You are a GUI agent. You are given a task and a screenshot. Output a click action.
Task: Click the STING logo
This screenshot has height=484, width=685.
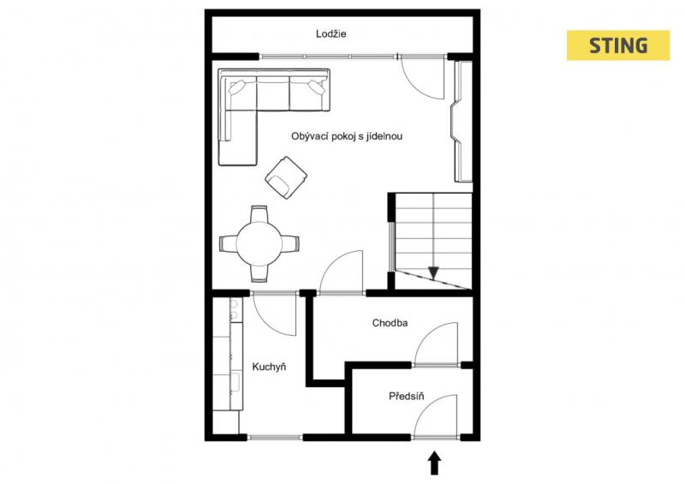point(617,45)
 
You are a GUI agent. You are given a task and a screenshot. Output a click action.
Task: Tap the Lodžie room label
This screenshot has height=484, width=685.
point(331,33)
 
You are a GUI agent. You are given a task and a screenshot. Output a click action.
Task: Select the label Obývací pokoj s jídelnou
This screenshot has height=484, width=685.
point(347,136)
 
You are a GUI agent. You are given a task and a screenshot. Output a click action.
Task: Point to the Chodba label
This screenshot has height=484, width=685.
point(390,323)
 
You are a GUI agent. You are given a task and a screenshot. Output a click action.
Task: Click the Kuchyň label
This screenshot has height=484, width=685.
point(269,367)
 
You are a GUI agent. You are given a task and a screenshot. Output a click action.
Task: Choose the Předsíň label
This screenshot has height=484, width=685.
point(406,396)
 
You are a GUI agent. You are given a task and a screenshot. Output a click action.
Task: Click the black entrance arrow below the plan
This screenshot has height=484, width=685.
point(434,463)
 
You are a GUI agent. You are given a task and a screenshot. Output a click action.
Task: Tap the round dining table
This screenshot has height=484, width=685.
point(259,243)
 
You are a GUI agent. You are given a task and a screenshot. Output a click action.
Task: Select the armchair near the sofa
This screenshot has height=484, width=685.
point(286,177)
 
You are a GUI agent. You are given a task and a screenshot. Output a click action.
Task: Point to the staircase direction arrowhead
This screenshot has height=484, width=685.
point(433,273)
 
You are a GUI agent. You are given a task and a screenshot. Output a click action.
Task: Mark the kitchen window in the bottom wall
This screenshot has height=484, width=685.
point(275,437)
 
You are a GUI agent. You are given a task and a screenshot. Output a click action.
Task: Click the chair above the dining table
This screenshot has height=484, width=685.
point(259,213)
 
